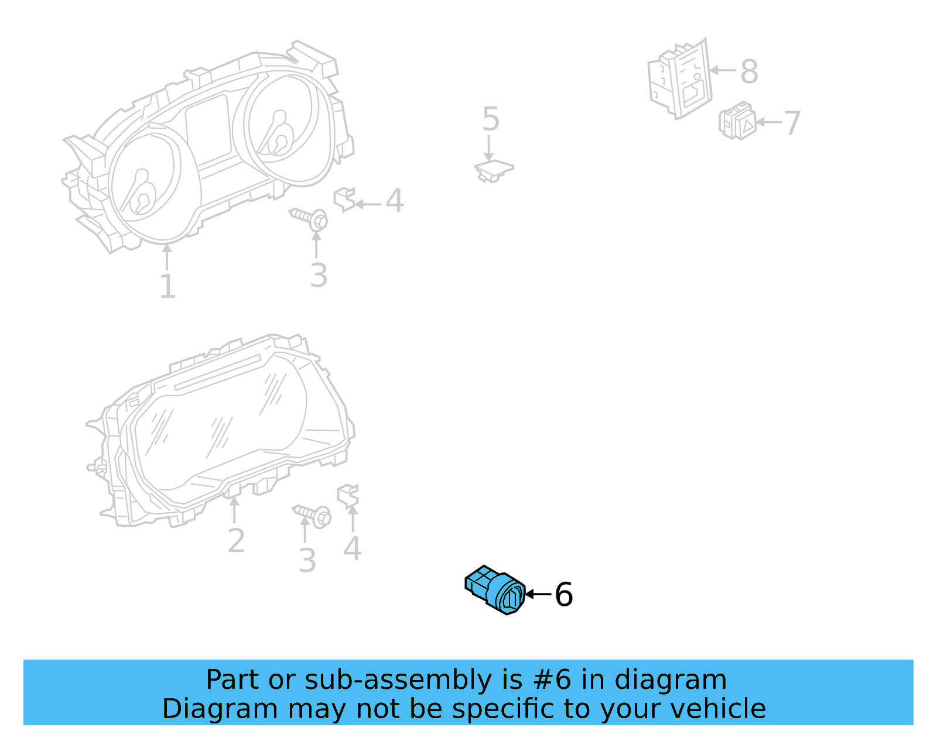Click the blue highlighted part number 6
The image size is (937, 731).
495,590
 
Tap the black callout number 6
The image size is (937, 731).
563,595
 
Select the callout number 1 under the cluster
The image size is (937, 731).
167,287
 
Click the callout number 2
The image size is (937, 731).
236,540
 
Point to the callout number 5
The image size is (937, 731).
490,119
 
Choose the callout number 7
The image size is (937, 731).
792,123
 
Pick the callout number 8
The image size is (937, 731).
749,72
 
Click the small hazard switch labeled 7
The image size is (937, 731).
737,121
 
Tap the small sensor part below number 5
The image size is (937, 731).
493,169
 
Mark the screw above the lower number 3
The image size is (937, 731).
313,515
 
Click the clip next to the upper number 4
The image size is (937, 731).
344,199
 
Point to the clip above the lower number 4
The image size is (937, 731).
348,495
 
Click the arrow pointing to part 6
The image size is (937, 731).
538,594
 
